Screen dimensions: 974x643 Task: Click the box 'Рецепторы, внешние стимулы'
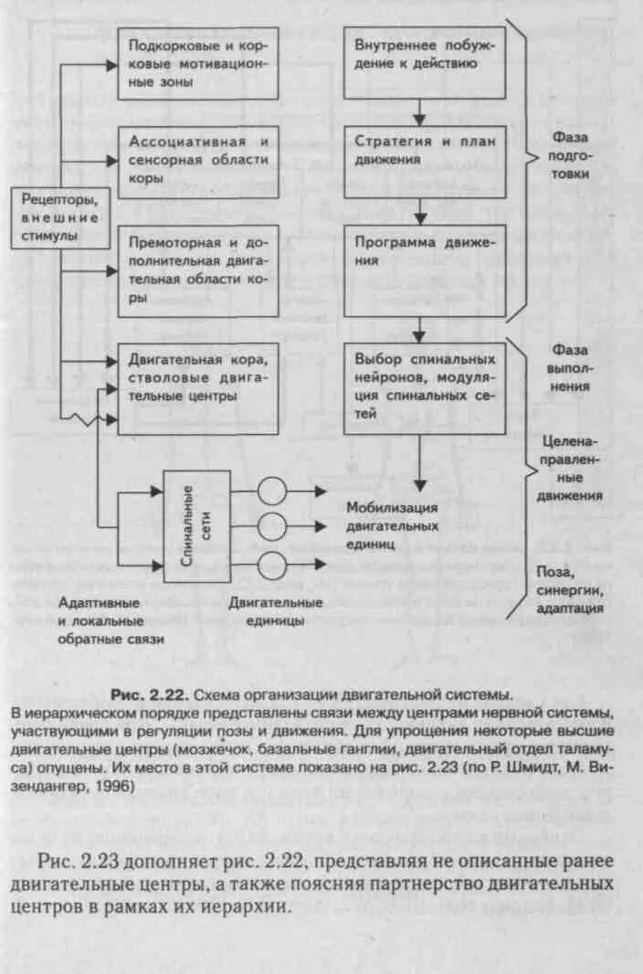[x=59, y=217]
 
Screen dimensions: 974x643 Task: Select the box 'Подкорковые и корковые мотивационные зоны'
[x=198, y=64]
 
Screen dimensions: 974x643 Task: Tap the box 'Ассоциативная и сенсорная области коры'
[x=198, y=160]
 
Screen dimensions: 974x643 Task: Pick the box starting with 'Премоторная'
[x=198, y=270]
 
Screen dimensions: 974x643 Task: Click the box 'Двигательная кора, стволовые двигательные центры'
[x=198, y=376]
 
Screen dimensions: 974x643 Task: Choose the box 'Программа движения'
[x=425, y=251]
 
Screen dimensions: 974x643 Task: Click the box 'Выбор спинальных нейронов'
[x=425, y=387]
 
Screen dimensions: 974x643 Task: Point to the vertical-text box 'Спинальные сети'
[x=196, y=526]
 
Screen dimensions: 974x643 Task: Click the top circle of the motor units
[x=272, y=492]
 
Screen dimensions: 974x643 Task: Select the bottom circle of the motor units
[x=272, y=562]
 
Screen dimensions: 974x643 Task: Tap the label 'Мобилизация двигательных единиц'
[x=393, y=525]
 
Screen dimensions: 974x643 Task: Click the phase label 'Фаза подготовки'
[x=571, y=155]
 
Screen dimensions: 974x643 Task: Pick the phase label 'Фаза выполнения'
[x=571, y=367]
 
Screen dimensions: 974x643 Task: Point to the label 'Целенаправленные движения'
[x=571, y=468]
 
